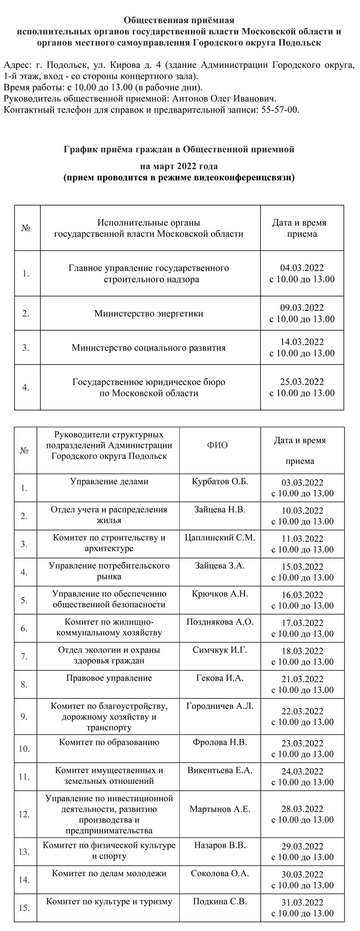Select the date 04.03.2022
[302, 268]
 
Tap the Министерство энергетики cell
[148, 313]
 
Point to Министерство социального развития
[148, 348]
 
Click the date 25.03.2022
[302, 382]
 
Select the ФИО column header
[217, 445]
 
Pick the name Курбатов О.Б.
[220, 481]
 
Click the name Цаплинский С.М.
[220, 537]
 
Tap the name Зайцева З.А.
[220, 565]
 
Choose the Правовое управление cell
[109, 678]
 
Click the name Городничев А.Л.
[220, 706]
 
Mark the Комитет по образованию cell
[109, 742]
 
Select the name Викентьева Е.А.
[220, 770]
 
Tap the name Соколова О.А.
[220, 873]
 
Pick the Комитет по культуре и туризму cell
[109, 901]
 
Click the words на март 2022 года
[179, 166]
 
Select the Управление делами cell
[109, 481]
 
